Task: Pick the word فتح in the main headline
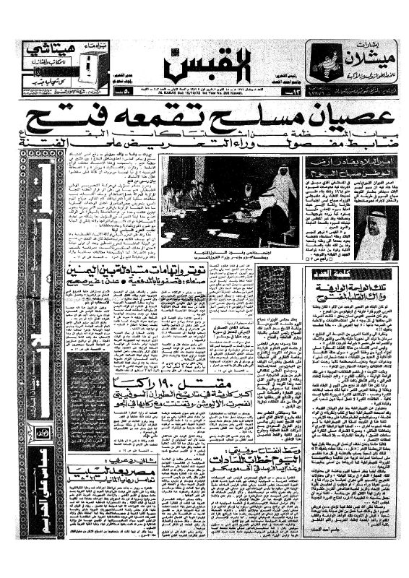point(66,120)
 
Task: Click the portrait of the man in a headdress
point(376,232)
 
